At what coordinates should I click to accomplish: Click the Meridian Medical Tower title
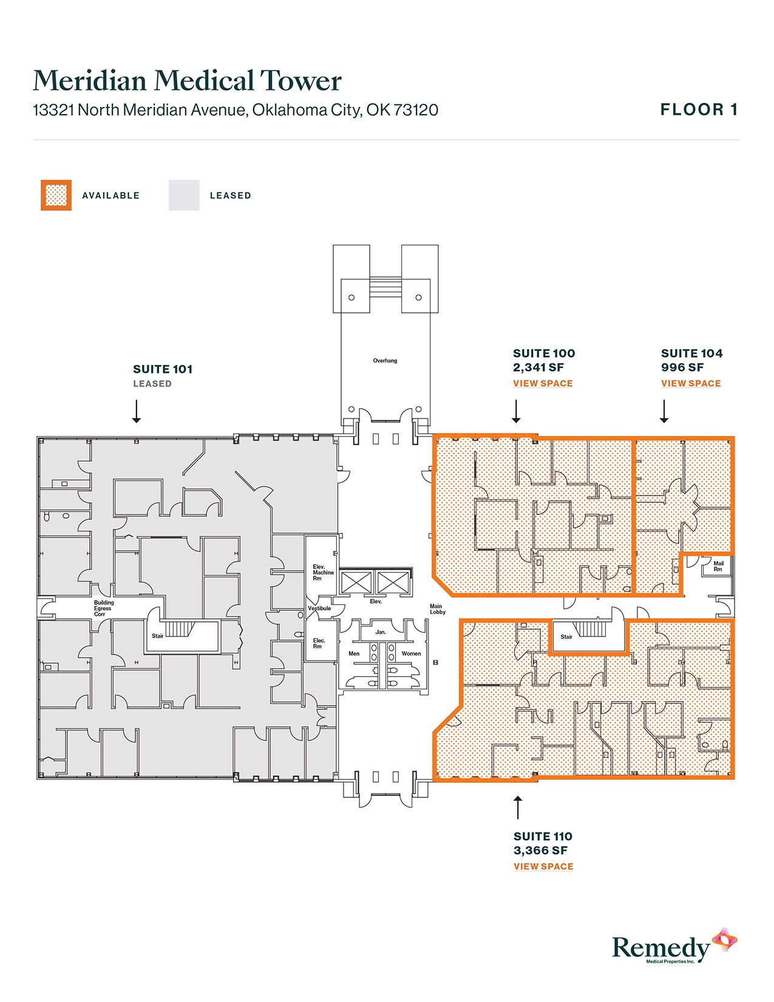187,81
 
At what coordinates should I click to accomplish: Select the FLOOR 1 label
699,110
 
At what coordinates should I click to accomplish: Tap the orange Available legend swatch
56,196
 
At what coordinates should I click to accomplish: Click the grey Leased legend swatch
184,196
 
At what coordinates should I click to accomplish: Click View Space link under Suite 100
543,383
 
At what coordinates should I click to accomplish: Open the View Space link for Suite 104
691,383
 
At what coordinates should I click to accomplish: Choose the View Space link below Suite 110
543,867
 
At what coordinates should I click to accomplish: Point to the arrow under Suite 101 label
137,411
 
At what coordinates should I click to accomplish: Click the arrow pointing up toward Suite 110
518,808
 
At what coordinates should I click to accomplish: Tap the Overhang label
385,361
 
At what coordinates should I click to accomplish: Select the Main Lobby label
437,609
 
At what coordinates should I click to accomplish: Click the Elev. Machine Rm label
322,573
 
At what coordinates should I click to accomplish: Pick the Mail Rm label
718,566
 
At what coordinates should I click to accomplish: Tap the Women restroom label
411,654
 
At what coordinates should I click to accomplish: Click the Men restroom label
354,654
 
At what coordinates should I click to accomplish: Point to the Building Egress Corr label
103,608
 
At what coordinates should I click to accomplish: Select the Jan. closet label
381,632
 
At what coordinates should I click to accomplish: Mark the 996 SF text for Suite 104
682,367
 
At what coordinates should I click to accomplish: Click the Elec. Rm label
319,644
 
